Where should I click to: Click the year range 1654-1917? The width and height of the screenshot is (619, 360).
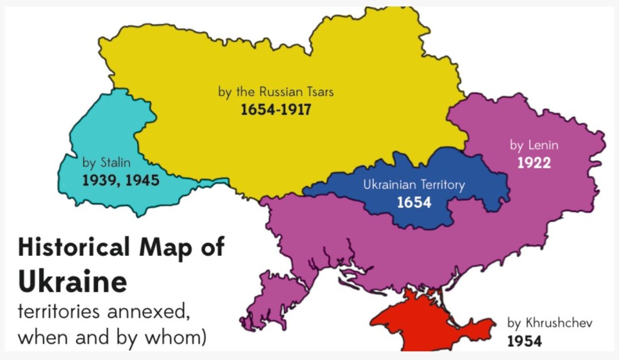click(x=276, y=110)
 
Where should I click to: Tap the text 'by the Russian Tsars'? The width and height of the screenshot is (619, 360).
click(x=276, y=92)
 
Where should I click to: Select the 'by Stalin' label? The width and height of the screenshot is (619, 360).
click(x=107, y=163)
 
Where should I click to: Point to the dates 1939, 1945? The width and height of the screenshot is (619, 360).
click(x=121, y=181)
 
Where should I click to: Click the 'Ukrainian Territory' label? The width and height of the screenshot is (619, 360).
click(x=414, y=185)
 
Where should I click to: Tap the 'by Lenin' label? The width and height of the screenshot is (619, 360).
click(x=534, y=145)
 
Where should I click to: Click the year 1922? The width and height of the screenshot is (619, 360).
click(x=534, y=163)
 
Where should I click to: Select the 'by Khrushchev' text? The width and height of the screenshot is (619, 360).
click(x=550, y=324)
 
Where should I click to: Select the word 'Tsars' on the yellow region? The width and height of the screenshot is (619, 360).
click(x=319, y=92)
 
